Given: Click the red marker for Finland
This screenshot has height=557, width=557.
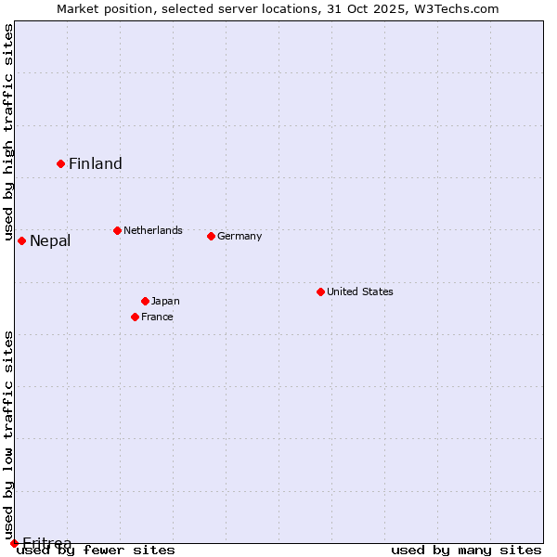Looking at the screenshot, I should click(61, 163).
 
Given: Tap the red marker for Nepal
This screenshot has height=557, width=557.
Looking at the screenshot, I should click(21, 241).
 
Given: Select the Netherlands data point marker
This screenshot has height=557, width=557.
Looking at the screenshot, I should click(117, 230).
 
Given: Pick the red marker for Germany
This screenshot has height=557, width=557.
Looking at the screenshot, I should click(211, 236).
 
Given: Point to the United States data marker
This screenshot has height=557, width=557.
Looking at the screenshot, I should click(320, 291).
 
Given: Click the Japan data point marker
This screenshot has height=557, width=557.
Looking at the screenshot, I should click(145, 301).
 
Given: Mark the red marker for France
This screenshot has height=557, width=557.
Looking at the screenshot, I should click(136, 317).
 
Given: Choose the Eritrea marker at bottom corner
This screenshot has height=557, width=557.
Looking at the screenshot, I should click(14, 543).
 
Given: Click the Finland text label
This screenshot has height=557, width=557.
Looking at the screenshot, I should click(96, 164).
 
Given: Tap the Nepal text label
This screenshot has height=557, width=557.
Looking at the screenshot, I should click(50, 241).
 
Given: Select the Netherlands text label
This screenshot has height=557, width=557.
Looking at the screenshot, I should click(153, 230).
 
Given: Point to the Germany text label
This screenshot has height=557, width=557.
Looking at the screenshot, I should click(240, 236).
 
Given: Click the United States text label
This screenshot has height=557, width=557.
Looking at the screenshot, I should click(360, 291).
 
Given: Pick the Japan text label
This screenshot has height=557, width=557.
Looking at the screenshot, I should click(165, 301).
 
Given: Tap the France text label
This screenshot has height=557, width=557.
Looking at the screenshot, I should click(157, 317).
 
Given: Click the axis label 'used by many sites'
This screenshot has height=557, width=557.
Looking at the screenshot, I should click(466, 550).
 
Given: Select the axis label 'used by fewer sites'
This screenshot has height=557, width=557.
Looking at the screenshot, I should click(97, 550).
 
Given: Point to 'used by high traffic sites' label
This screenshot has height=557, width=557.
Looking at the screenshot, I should click(8, 132).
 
